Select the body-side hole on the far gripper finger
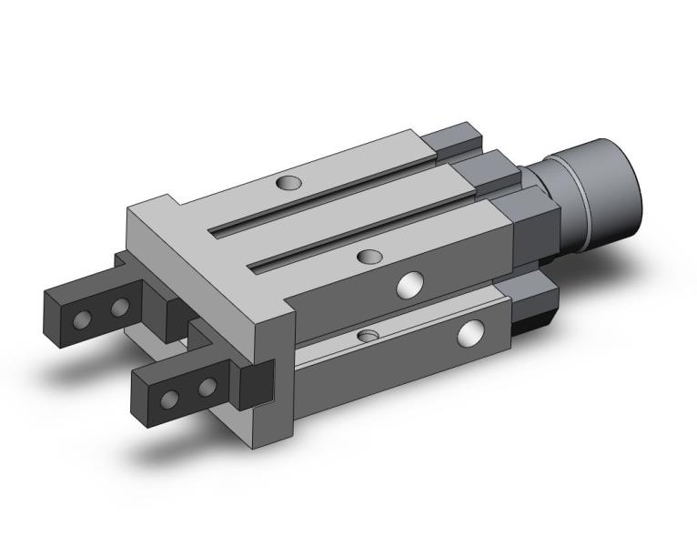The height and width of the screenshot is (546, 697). (x=119, y=308)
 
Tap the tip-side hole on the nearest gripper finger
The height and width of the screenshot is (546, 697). (x=170, y=399)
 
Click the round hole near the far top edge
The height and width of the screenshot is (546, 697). (x=288, y=183)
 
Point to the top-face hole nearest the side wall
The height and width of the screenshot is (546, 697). (x=369, y=257)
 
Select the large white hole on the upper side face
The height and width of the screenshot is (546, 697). (x=410, y=286)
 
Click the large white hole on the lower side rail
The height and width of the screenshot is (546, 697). (x=471, y=333)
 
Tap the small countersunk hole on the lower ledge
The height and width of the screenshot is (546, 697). (x=367, y=337)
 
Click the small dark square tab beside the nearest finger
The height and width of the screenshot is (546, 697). (x=254, y=383)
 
